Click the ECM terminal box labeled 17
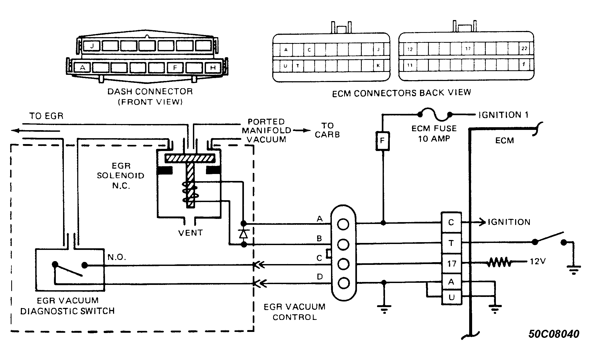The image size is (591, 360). (451, 264)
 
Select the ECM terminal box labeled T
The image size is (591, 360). (451, 243)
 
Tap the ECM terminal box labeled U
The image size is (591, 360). (451, 297)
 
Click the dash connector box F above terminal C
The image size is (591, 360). (382, 141)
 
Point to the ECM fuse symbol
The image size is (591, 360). (435, 115)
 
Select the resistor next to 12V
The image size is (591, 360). (499, 262)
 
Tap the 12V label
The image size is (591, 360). (538, 261)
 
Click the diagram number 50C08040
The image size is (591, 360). (554, 334)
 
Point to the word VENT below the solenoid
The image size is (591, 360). (190, 233)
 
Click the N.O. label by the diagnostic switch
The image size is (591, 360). (117, 257)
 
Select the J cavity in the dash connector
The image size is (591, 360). (92, 46)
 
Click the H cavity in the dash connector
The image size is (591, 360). (213, 68)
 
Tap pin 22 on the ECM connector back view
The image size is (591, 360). (524, 48)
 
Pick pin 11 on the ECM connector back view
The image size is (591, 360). (410, 65)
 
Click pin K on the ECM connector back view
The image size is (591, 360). (378, 65)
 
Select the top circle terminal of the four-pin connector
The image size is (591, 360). (343, 224)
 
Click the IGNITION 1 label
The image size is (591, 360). (503, 115)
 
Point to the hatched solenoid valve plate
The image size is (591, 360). (190, 158)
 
